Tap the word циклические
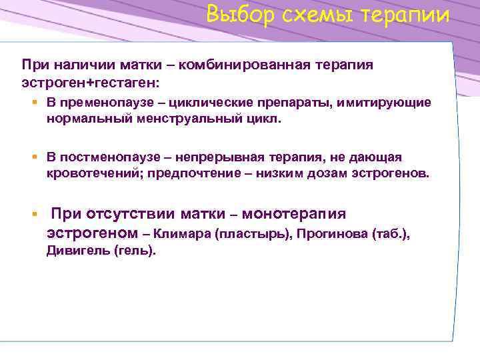coord(211,103)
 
